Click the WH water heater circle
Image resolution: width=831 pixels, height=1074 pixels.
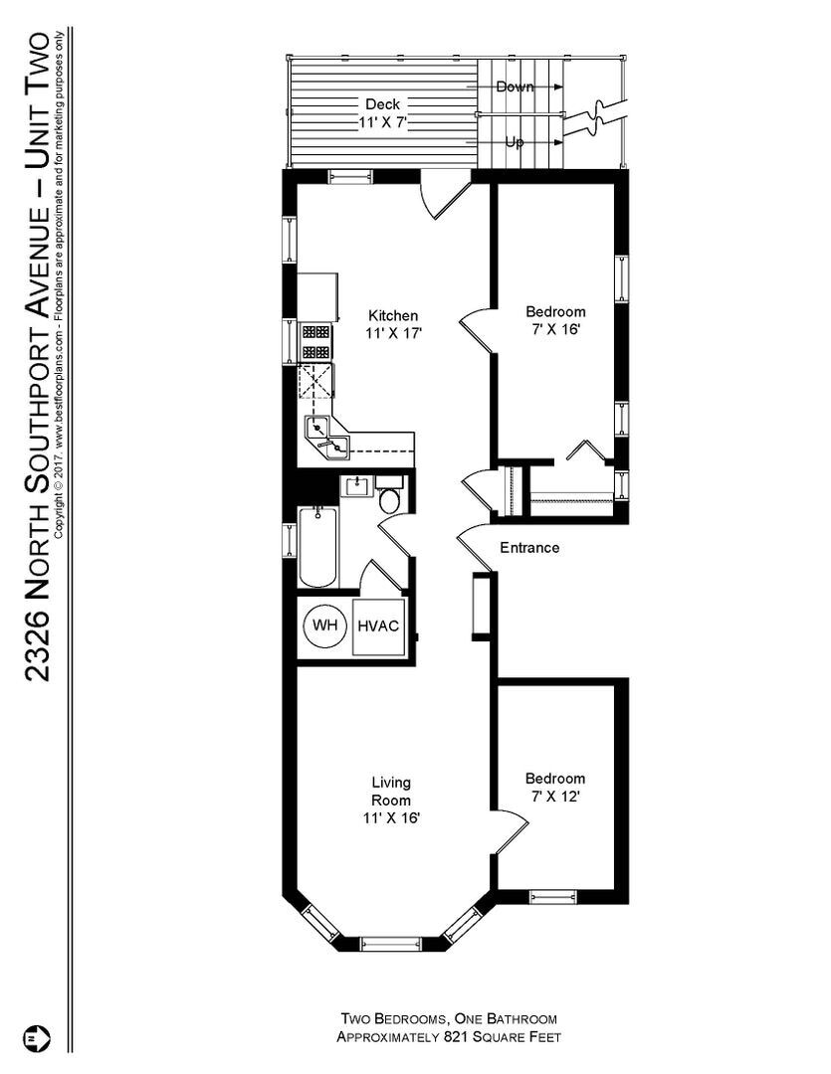coord(324,626)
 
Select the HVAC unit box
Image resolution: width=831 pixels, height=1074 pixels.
coord(378,626)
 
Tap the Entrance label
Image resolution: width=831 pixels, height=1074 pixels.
coord(528,548)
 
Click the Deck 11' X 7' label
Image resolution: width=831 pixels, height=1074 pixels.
coord(382,113)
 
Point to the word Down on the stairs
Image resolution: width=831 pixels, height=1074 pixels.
coord(515,88)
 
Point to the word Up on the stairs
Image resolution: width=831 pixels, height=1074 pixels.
coord(515,142)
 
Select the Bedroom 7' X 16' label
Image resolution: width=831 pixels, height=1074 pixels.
coord(555,319)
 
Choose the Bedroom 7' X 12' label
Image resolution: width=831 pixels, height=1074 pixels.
coord(555,788)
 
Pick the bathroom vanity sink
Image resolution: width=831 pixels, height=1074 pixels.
coord(355,486)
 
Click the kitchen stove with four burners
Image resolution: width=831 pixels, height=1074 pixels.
coord(316,342)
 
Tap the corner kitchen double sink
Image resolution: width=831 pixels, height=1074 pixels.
coord(327,438)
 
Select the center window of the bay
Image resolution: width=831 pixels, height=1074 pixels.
coord(390,944)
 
